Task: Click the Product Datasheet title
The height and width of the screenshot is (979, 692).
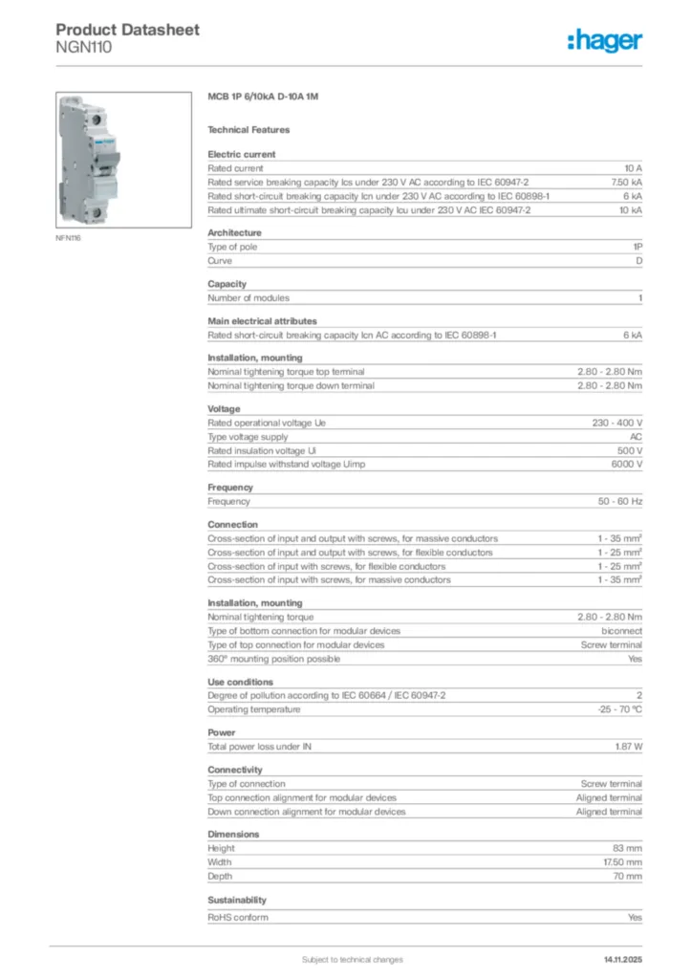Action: (127, 30)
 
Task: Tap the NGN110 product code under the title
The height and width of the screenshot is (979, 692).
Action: (84, 47)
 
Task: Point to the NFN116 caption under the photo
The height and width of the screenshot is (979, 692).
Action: (69, 238)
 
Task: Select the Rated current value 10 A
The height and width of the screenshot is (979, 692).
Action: (633, 167)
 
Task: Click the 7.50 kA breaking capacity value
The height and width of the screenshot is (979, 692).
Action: (627, 182)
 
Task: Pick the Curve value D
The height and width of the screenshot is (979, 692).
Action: (638, 261)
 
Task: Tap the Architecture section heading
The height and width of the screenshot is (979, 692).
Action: (234, 232)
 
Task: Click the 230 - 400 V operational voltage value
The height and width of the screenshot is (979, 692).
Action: (617, 422)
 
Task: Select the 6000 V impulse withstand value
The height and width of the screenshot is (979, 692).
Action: (626, 464)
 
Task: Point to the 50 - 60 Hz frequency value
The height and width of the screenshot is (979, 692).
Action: (620, 501)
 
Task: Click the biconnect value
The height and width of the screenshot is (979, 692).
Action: (621, 631)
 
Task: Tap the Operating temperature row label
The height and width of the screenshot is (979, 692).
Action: (254, 709)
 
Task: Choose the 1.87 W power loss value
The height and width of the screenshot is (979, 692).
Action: (628, 747)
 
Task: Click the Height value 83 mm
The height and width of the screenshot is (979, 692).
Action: (627, 848)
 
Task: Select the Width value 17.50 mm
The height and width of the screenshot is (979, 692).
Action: (621, 862)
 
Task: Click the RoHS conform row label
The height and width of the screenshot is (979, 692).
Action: (238, 918)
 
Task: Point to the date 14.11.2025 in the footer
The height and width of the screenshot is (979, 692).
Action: (622, 959)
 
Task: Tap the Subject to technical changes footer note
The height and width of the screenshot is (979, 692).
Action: (352, 959)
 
